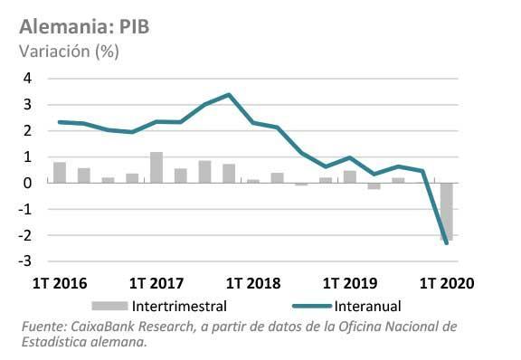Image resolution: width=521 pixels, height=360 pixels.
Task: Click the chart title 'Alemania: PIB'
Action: pos(84,26)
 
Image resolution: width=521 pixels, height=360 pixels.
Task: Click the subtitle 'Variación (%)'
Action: pos(69,52)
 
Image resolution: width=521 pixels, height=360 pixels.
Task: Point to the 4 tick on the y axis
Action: pos(27,79)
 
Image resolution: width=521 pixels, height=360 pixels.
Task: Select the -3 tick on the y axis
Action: pos(25,261)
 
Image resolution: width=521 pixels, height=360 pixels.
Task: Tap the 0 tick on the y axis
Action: pos(27,183)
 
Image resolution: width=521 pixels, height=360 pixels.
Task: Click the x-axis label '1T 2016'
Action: pos(60,283)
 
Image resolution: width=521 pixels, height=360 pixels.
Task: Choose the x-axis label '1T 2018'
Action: pos(253,283)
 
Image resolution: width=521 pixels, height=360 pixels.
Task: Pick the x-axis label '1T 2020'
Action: pos(447,283)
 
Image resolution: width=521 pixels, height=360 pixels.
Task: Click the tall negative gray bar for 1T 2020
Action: pos(447,212)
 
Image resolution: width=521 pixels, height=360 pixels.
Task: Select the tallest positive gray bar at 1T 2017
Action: pos(156,167)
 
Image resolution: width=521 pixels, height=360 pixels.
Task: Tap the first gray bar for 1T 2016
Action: pos(60,173)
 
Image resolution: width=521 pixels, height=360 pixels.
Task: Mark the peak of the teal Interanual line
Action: pos(229,95)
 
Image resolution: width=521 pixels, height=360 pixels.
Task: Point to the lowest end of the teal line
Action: pos(446,243)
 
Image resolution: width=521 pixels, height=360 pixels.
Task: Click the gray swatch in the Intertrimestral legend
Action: pos(109,306)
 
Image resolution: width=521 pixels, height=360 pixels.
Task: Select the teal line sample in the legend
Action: pos(312,306)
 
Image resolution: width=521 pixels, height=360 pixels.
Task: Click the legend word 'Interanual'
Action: pos(367,306)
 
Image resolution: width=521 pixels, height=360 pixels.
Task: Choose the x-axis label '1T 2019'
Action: pos(350,283)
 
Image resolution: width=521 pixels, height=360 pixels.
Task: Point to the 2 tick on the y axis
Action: pos(27,130)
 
